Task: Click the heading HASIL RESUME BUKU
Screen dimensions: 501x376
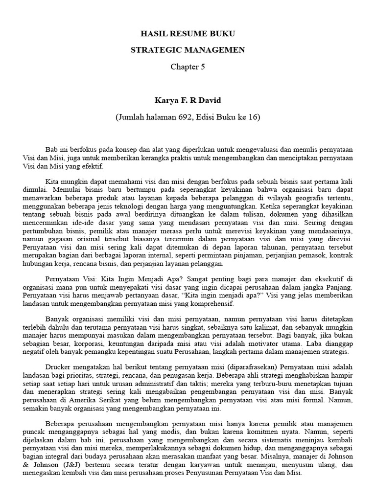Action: point(188,34)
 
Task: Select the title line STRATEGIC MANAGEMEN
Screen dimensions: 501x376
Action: point(188,50)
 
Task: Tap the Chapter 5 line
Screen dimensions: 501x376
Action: point(188,67)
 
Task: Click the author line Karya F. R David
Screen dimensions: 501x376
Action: point(188,101)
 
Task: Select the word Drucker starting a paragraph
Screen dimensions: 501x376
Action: point(58,367)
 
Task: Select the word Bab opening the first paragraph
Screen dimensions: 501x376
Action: point(51,148)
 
